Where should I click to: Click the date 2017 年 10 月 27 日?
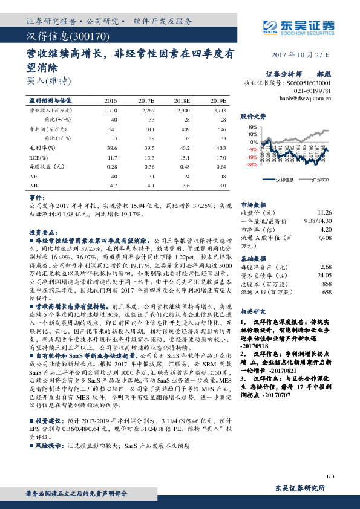click(299, 54)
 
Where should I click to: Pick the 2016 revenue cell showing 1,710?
click(110, 111)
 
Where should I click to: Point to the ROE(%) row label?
click(39, 156)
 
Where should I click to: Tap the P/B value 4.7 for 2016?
click(112, 186)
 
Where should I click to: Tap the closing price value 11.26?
click(325, 212)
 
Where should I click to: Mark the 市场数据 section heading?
click(255, 204)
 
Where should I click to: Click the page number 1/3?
click(329, 478)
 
